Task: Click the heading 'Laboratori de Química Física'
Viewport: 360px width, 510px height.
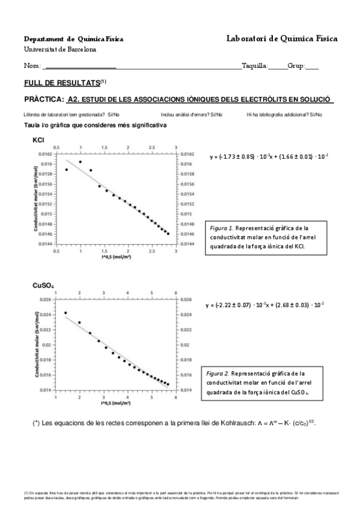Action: click(282, 38)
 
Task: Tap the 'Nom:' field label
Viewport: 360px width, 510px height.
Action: click(32, 66)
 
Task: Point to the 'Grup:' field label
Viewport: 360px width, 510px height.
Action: click(297, 66)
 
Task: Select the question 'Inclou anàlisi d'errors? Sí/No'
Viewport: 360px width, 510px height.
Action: click(192, 114)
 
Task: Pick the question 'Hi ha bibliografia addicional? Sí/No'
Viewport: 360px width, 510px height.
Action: click(284, 114)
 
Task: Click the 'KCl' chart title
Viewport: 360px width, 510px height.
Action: click(39, 140)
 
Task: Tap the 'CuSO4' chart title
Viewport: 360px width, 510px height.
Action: click(44, 284)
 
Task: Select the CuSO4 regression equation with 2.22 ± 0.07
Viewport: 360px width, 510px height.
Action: click(264, 304)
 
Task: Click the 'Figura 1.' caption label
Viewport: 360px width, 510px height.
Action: click(221, 229)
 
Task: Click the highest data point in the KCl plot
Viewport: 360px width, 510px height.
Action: click(81, 162)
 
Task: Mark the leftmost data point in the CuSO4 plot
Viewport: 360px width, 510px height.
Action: click(66, 313)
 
